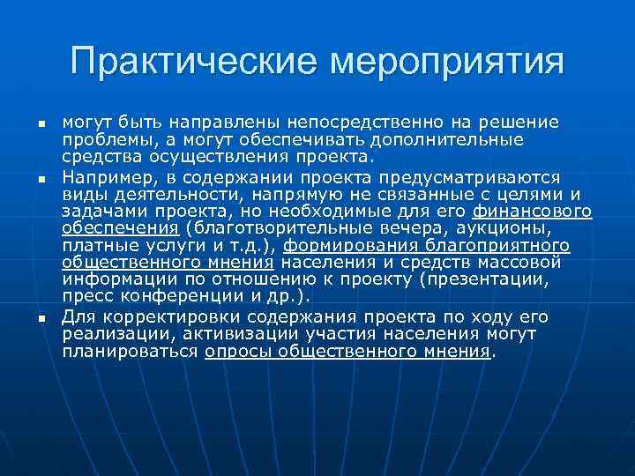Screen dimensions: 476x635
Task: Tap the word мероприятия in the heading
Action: tap(446, 63)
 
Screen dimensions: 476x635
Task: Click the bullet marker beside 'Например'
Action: tap(41, 179)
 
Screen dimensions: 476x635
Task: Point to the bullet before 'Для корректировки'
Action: tap(41, 317)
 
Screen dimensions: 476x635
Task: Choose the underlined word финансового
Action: tap(532, 212)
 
